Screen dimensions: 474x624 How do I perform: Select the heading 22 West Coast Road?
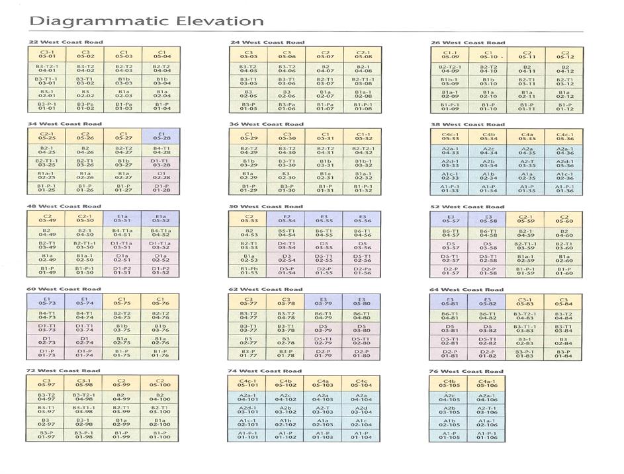pyautogui.click(x=66, y=42)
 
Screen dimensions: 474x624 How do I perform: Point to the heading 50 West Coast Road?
pyautogui.click(x=267, y=206)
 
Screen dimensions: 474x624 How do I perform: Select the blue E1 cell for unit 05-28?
pyautogui.click(x=161, y=136)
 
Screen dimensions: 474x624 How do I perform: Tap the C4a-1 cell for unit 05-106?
pyautogui.click(x=486, y=383)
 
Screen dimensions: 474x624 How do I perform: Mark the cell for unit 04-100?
pyautogui.click(x=161, y=397)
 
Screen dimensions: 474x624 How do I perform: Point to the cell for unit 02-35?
pyautogui.click(x=527, y=176)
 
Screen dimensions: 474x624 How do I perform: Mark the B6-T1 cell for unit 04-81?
pyautogui.click(x=450, y=315)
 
